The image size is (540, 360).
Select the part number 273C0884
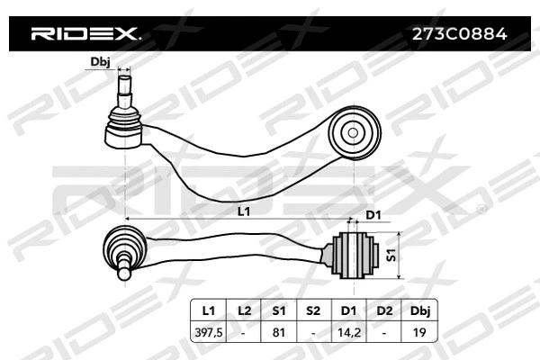460,35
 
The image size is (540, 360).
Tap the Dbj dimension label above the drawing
101,62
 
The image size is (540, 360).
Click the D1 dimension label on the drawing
373,214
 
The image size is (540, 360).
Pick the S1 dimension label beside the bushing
391,255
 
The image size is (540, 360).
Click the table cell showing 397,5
209,331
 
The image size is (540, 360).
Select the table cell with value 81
278,331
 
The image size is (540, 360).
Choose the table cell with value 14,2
348,331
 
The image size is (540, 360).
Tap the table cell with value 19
418,331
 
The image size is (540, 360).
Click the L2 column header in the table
244,310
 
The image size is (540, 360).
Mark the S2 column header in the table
313,310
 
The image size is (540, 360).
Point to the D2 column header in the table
383,310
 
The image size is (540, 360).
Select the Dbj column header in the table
418,310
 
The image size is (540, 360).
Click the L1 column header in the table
209,310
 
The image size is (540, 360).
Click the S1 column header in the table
278,310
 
